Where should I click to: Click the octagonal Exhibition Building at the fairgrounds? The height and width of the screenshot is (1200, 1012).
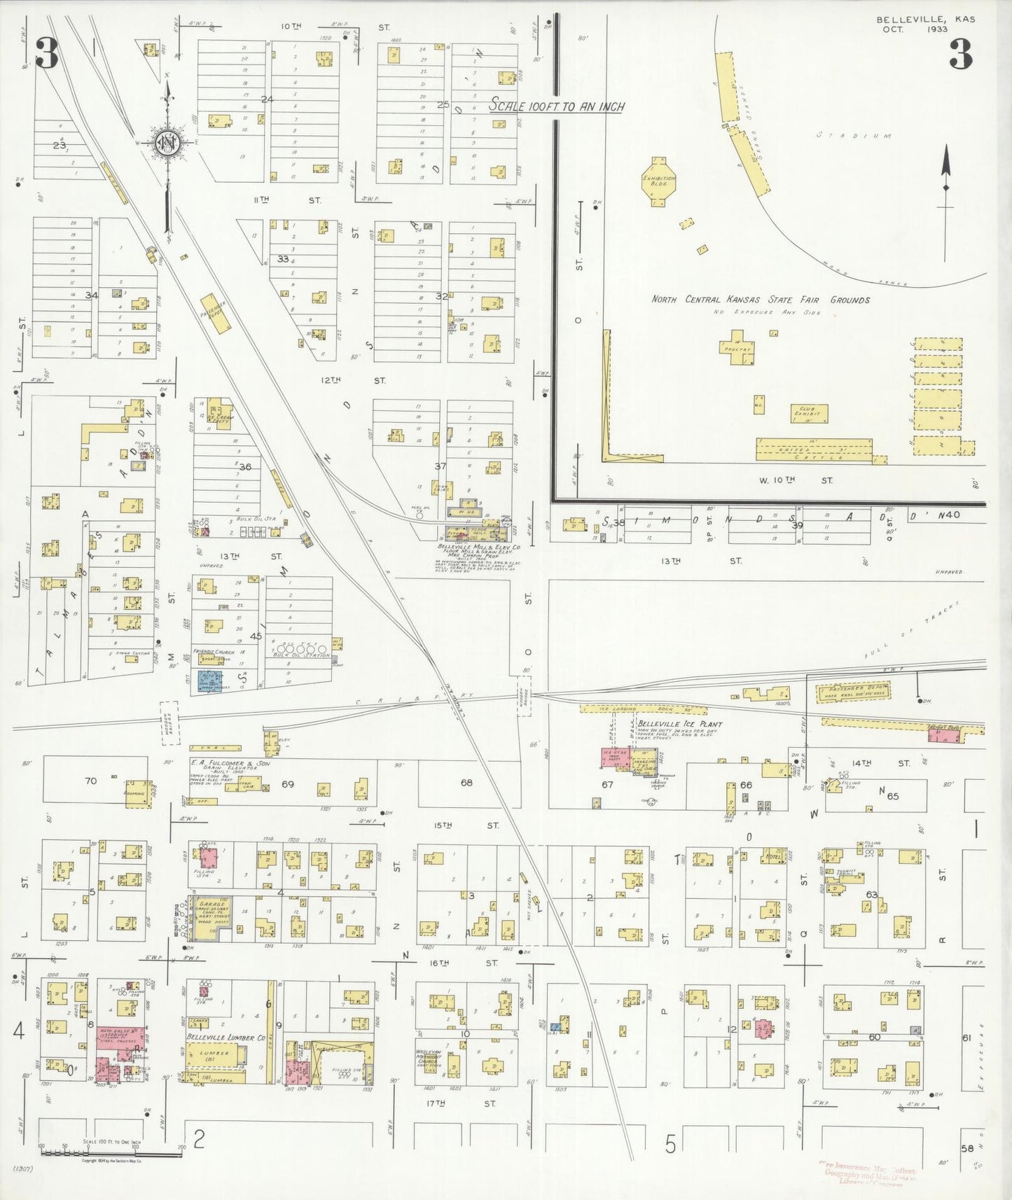[658, 181]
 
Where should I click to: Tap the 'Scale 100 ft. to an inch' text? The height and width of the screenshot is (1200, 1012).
[556, 106]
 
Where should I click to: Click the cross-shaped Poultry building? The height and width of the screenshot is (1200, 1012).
[737, 347]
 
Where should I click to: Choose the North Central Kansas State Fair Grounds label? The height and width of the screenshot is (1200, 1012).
[761, 300]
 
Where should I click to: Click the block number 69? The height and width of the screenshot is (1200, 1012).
[288, 783]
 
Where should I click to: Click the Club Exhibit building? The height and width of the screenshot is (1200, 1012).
[809, 413]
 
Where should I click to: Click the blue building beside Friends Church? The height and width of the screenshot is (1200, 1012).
[209, 680]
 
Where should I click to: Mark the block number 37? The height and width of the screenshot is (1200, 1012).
[440, 466]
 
